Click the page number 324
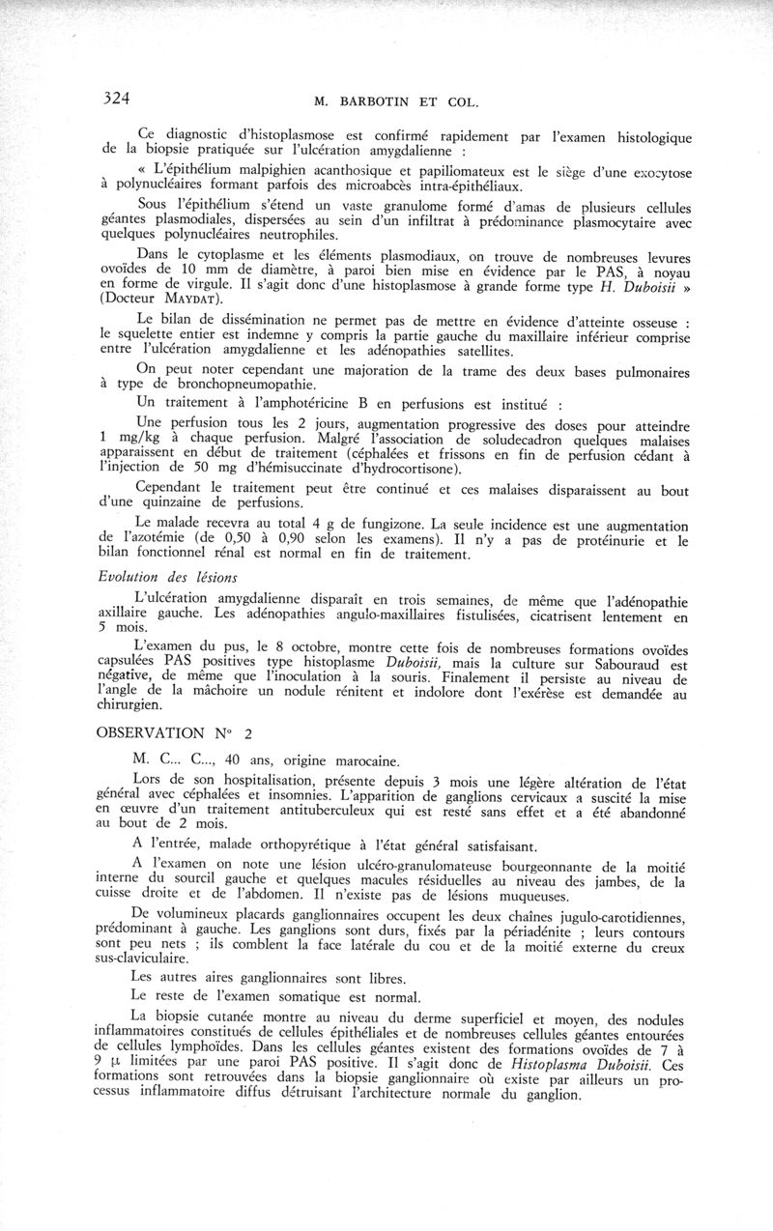pyautogui.click(x=116, y=97)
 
